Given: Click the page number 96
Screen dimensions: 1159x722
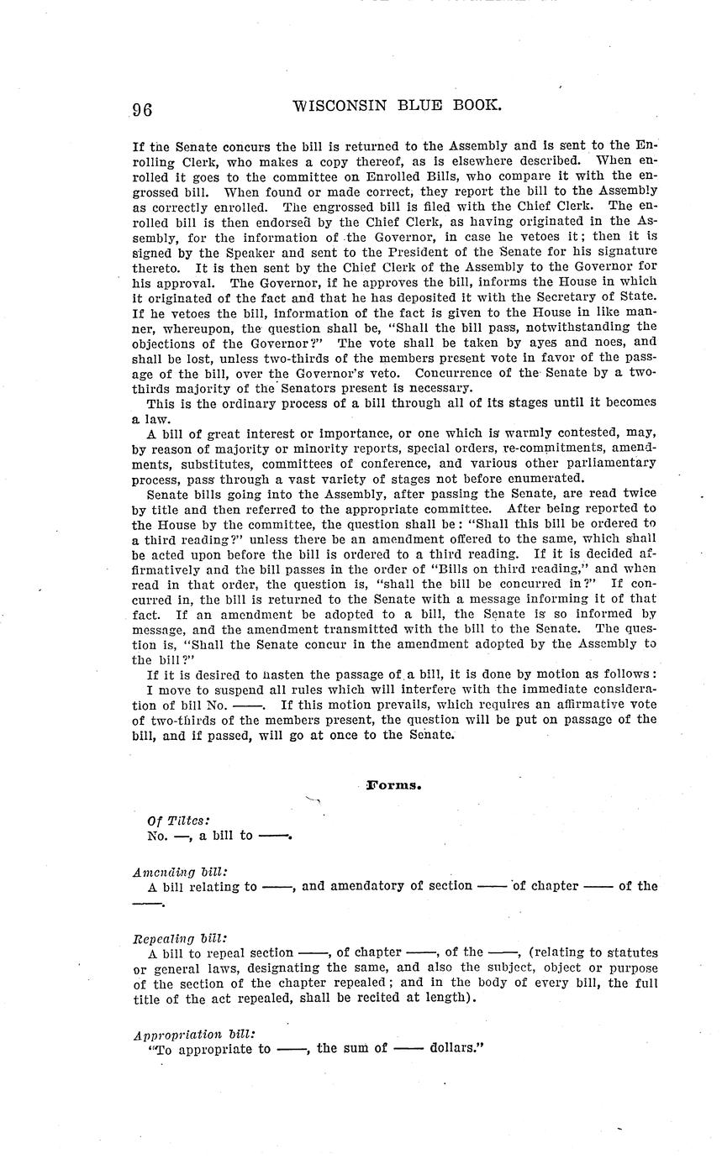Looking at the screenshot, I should point(141,109).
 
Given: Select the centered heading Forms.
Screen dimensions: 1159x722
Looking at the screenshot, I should point(393,785).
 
